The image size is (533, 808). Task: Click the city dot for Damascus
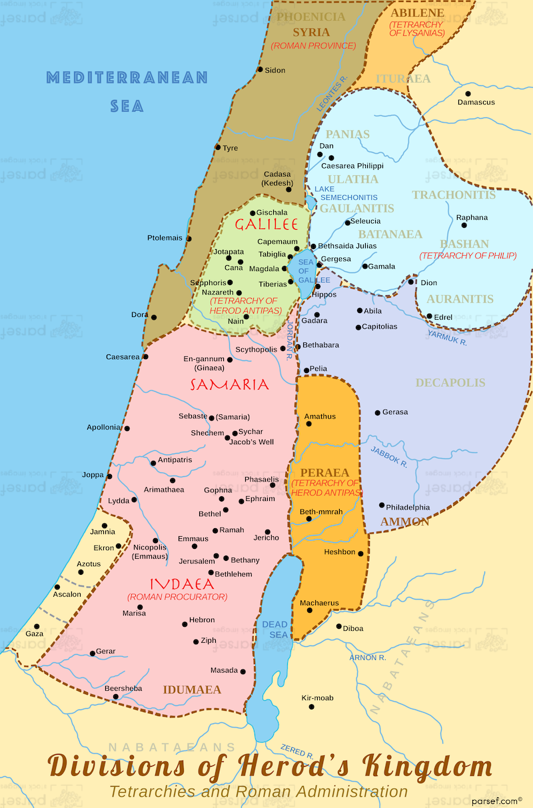pos(468,93)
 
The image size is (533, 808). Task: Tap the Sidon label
pos(274,70)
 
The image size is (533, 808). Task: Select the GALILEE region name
pos(265,224)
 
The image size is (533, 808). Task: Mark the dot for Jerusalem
pos(216,556)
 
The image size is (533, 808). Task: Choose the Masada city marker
pos(243,671)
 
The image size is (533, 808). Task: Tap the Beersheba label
pos(123,688)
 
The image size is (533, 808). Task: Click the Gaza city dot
pos(37,626)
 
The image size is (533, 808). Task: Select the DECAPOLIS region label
pos(450,383)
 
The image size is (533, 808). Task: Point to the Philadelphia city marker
pos(382,505)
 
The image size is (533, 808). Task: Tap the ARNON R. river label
pos(368,657)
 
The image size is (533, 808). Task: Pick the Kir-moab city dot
pos(311,706)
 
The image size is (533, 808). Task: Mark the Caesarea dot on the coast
pos(145,356)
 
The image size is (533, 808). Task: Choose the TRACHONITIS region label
pos(453,195)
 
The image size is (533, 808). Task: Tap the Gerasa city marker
pos(377,413)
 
